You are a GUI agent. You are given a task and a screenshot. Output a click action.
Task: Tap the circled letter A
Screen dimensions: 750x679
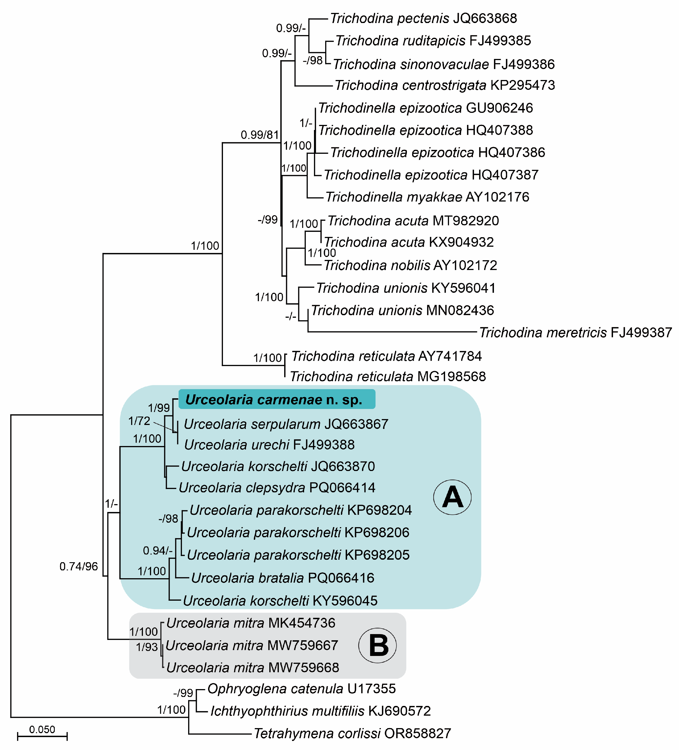(x=452, y=497)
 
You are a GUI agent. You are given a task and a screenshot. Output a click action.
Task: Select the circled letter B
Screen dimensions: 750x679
(x=377, y=646)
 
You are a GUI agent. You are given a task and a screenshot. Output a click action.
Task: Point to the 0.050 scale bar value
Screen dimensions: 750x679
(x=42, y=730)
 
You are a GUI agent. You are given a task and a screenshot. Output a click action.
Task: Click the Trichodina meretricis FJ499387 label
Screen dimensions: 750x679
(x=575, y=332)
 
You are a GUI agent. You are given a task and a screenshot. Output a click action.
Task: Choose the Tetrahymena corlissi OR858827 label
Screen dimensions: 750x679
(x=352, y=734)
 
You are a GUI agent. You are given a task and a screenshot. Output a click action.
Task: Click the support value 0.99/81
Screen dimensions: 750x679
(x=260, y=135)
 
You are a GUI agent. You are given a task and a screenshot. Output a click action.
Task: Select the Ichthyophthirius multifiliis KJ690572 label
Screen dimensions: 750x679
(x=320, y=711)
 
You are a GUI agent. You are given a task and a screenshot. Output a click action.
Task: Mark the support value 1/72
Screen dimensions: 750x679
(x=139, y=421)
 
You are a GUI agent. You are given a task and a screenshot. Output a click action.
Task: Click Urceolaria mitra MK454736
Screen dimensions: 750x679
(x=250, y=623)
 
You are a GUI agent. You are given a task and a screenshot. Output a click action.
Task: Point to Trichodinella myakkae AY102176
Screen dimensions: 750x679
(x=427, y=197)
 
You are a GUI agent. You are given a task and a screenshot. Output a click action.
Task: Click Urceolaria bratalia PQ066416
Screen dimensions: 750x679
(x=282, y=578)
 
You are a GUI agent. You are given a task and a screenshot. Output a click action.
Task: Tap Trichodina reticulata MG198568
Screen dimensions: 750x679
(x=388, y=376)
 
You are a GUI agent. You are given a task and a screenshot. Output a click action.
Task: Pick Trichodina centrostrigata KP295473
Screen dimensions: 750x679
(x=445, y=85)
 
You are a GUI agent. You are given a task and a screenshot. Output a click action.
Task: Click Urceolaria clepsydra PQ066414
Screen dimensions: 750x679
(x=277, y=487)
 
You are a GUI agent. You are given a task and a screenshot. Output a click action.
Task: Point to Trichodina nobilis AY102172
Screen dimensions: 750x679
(x=410, y=265)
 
